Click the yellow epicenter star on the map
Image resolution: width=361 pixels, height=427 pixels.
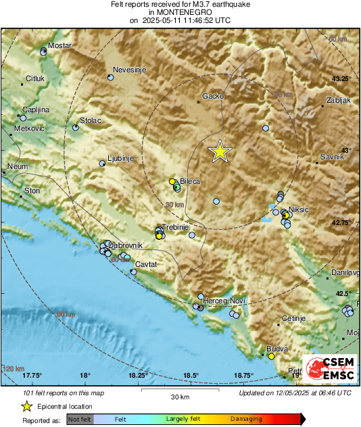pos(220,152)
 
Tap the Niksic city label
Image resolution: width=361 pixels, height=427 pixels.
pos(298,209)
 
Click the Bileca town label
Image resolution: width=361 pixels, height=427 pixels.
pos(190,182)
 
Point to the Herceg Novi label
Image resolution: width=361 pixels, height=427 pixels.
pos(225,299)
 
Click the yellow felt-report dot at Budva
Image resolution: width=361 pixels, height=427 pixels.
pos(271,356)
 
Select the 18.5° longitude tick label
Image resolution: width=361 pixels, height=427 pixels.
pos(191,375)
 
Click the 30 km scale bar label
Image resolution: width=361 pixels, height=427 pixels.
pos(180,396)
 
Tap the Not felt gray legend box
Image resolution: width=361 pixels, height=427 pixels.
pos(80,420)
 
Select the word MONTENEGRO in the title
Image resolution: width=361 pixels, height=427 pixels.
pos(180,12)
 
